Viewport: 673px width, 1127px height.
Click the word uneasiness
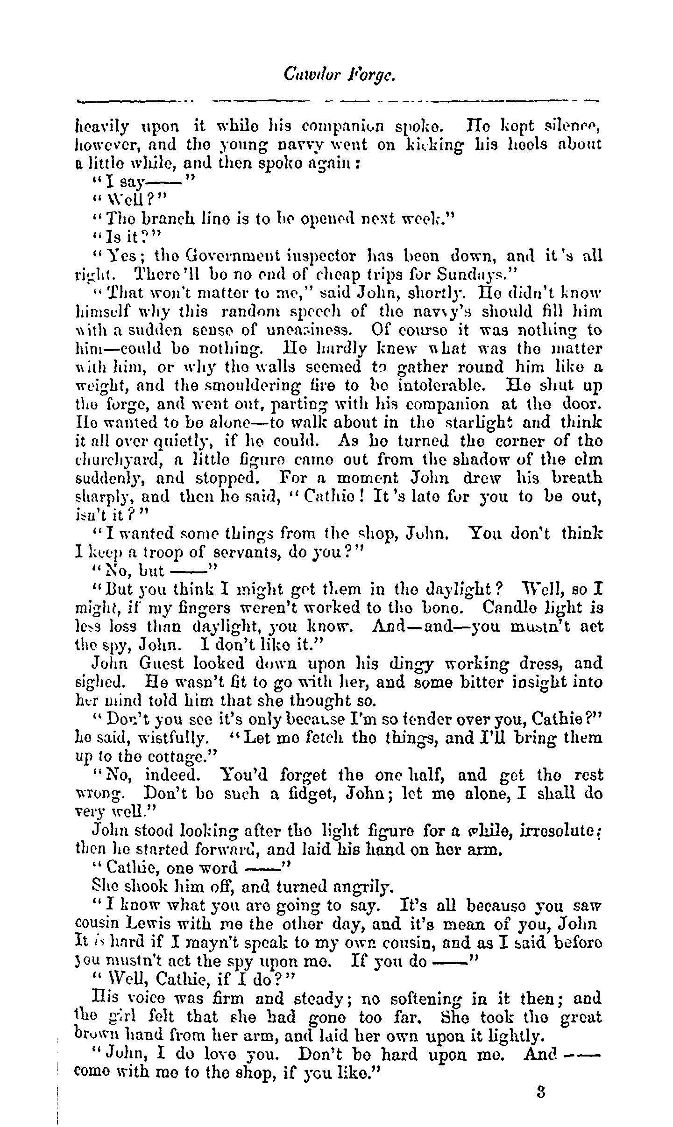click(306, 330)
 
